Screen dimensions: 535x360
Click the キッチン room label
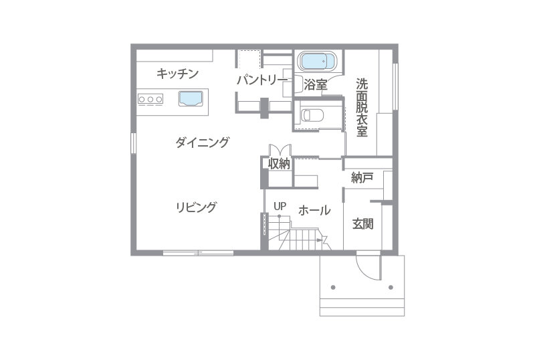click(177, 74)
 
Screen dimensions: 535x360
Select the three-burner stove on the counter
click(150, 99)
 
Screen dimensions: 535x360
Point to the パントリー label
click(262, 80)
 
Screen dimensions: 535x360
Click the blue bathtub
click(316, 62)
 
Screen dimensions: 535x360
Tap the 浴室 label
click(315, 85)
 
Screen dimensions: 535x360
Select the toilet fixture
click(312, 115)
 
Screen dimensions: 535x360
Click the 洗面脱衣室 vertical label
click(362, 108)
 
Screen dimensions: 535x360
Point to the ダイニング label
click(202, 142)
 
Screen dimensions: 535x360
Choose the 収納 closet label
click(279, 164)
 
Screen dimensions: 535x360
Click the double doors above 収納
click(280, 150)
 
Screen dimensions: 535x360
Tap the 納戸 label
click(362, 177)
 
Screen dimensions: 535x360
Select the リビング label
click(196, 207)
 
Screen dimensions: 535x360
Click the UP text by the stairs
click(280, 206)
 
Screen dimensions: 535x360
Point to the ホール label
click(314, 210)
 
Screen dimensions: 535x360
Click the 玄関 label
click(363, 224)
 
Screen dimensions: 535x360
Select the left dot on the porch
click(333, 287)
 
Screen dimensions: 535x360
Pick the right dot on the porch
click(391, 287)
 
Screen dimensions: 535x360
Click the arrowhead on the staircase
click(319, 240)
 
